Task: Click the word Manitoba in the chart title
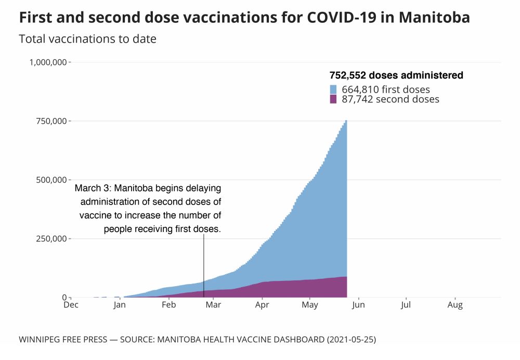(434, 17)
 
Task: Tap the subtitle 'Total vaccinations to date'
(87, 39)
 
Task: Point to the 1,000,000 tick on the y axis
(47, 62)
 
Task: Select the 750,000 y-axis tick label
(53, 121)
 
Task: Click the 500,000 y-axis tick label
(53, 180)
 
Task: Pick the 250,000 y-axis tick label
(53, 239)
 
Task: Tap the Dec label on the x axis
(71, 305)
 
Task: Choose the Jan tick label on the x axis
(120, 305)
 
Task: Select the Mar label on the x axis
(213, 305)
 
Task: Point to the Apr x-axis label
(262, 305)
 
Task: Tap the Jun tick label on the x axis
(358, 305)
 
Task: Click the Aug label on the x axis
(455, 305)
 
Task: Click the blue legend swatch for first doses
(334, 89)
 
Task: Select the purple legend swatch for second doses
(334, 99)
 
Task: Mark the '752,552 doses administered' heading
(396, 75)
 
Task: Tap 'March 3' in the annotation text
(93, 188)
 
